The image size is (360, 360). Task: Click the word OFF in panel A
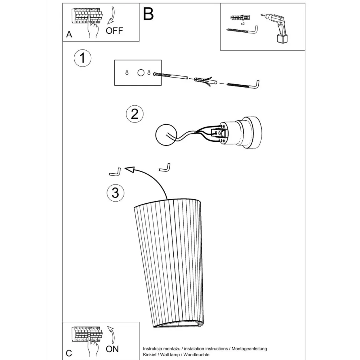coord(114,31)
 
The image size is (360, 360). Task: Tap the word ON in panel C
coord(112,349)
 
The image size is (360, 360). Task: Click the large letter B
coord(148,14)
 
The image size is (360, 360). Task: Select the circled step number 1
coord(82,58)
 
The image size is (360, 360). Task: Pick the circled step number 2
coord(135,114)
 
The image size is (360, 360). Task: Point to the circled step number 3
coord(115,193)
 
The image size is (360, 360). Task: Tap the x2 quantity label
coord(243,24)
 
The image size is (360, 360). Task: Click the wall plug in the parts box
coord(240,17)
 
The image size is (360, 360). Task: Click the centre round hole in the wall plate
coord(141,73)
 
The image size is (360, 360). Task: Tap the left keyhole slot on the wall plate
coord(127,72)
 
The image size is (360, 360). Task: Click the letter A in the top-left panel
coord(69,35)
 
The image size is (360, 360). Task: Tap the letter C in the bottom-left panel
coord(69,353)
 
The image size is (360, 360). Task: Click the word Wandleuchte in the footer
coord(196,355)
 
